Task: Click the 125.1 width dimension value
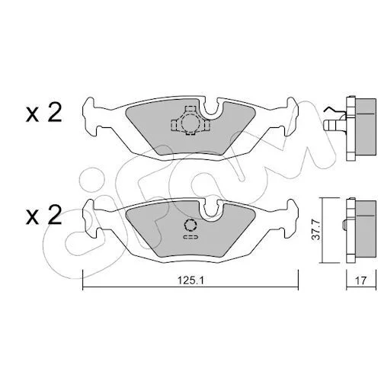[x=190, y=280]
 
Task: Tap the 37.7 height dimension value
[x=316, y=229]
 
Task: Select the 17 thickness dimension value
[x=360, y=280]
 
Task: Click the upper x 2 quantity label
[x=43, y=114]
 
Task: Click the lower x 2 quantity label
[x=43, y=216]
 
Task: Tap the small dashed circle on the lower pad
[x=190, y=225]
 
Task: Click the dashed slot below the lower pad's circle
[x=190, y=237]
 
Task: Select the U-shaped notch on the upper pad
[x=210, y=107]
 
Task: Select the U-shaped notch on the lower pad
[x=210, y=210]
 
